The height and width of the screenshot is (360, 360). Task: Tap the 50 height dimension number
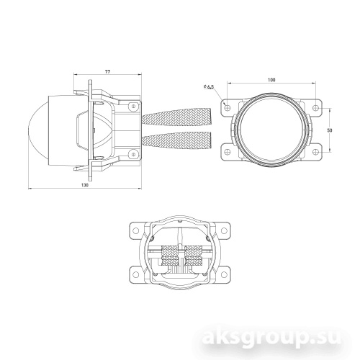point(330,130)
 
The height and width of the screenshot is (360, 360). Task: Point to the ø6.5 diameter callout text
point(210,89)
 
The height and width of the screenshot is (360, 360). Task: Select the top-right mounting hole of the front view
point(318,107)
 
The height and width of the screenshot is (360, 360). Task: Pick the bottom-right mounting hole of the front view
point(318,151)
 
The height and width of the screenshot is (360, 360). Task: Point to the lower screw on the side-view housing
point(134,154)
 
